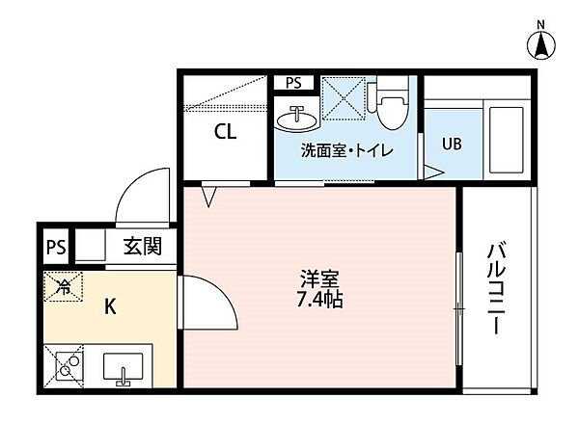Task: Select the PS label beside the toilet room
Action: tap(293, 82)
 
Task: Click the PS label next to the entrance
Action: tap(57, 247)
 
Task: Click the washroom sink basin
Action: tap(295, 119)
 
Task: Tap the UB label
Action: tap(452, 145)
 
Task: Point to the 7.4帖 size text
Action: tap(320, 300)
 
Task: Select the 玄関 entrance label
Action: tap(142, 247)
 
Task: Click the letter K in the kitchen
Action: tap(110, 308)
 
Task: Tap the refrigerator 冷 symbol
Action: tap(63, 286)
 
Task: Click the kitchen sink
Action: tap(123, 369)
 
